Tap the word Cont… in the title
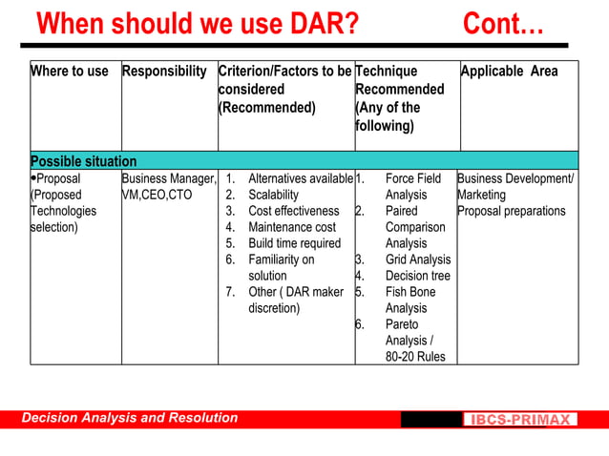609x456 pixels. click(503, 23)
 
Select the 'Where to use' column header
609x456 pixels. click(70, 72)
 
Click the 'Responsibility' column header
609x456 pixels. click(164, 72)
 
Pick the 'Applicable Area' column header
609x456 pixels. click(509, 72)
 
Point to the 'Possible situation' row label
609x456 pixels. click(84, 161)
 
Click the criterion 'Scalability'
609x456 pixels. click(273, 195)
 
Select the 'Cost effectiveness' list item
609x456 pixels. click(293, 211)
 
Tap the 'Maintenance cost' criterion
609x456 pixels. click(292, 227)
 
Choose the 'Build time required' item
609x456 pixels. click(294, 243)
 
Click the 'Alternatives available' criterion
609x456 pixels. click(300, 178)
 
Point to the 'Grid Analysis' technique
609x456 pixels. click(417, 259)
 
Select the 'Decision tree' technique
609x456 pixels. click(417, 276)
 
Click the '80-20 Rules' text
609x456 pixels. click(414, 357)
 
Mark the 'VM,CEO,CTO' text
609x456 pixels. click(157, 195)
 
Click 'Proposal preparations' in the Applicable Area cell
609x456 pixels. click(511, 211)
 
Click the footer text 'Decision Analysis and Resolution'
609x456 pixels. click(130, 418)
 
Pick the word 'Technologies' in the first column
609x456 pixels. click(63, 211)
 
